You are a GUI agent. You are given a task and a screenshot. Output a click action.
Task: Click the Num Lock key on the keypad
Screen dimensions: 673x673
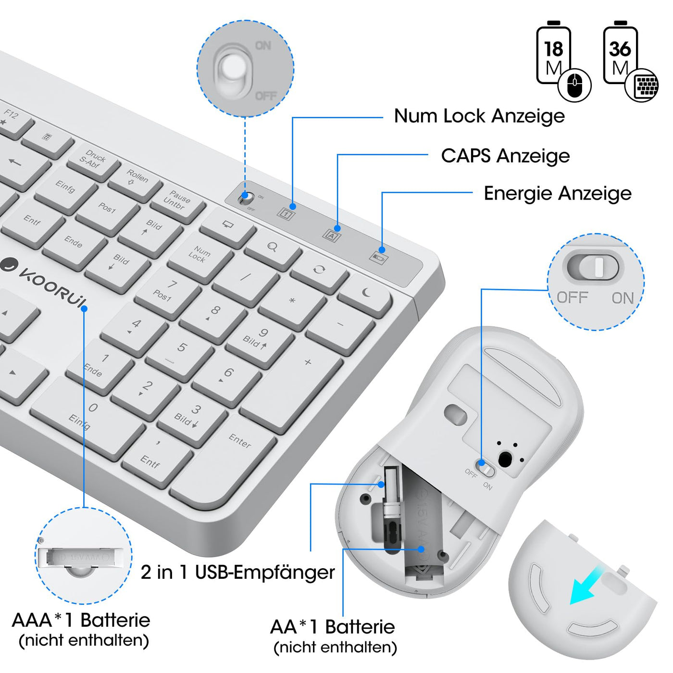coord(199,255)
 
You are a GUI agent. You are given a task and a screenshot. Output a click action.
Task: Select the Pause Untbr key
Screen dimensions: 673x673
coord(177,200)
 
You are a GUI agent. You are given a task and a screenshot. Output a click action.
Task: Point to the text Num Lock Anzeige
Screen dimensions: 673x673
coord(479,116)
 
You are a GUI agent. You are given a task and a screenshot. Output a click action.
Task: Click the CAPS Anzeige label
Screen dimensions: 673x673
coord(505,156)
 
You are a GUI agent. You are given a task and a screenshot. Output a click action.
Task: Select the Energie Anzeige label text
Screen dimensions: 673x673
coord(557,193)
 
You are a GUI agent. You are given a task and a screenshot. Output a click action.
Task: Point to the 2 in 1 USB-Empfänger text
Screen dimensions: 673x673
coord(237,572)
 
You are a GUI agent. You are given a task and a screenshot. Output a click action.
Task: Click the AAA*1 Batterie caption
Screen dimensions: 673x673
coord(81,620)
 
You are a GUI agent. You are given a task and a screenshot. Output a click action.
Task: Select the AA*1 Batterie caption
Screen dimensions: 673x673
coord(333,627)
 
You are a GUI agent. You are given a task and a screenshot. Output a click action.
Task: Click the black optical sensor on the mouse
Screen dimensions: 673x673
coord(505,459)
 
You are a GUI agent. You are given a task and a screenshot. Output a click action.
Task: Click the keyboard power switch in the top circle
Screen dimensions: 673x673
coord(232,70)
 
